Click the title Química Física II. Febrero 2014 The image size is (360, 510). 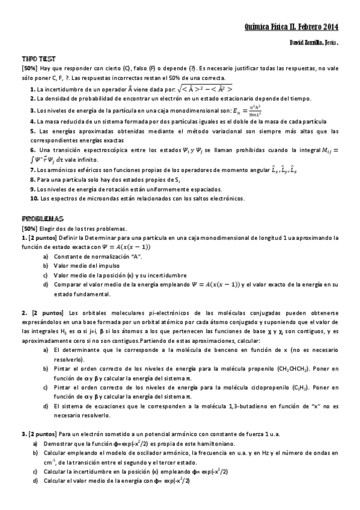292,27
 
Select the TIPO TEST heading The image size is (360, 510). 39,59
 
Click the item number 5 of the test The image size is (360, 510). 33,131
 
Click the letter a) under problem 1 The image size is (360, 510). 46,257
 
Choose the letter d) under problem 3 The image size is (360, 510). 35,481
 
